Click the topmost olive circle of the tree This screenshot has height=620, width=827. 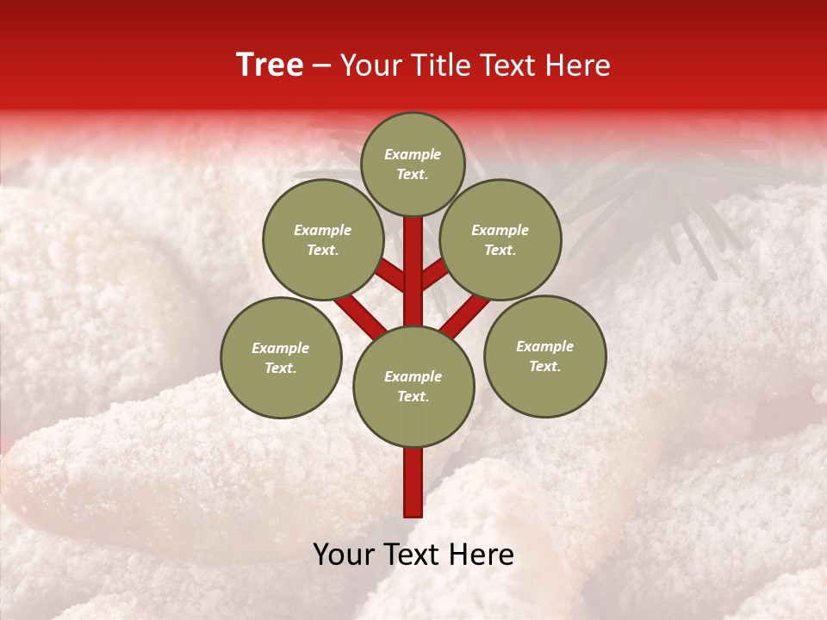coord(413,164)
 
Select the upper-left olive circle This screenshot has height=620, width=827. coord(323,239)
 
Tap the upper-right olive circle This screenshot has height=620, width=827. coord(501,239)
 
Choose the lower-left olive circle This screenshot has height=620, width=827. coord(281,357)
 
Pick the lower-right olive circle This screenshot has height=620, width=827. coord(545,356)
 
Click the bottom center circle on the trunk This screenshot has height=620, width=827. coord(413,387)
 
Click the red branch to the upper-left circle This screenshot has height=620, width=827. coord(391,276)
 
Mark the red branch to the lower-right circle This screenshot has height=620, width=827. coord(466,314)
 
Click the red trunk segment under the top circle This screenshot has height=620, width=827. coord(413,258)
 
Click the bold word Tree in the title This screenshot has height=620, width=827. coord(270,65)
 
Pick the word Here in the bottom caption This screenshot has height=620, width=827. coord(483,555)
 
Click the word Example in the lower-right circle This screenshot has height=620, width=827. coord(545,346)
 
